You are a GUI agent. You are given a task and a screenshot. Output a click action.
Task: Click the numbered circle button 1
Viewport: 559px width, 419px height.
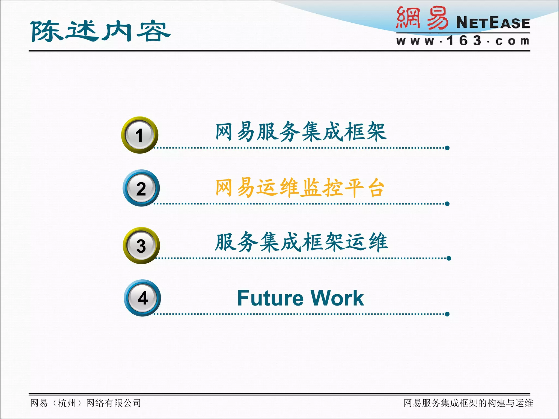click(139, 135)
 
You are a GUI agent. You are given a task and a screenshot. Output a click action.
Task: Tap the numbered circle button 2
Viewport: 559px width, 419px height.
click(141, 188)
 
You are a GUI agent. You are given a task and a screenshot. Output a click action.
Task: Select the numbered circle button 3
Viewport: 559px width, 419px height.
click(141, 246)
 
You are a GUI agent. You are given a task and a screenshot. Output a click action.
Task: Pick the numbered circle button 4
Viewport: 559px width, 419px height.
click(142, 298)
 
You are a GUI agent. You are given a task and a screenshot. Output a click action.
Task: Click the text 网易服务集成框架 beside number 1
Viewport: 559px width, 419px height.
click(301, 132)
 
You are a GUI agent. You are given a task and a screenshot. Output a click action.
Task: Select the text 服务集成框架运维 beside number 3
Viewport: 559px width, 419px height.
click(301, 242)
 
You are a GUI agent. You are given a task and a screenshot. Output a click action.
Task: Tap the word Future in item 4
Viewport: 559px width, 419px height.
click(270, 298)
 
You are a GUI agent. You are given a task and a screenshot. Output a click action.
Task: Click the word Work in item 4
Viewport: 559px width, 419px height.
click(337, 298)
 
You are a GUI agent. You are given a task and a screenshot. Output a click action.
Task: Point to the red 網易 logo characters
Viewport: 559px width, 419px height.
click(422, 18)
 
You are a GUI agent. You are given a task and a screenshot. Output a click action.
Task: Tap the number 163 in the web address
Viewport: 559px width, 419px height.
click(464, 41)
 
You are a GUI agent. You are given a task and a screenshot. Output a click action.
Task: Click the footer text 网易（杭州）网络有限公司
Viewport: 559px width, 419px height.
click(85, 403)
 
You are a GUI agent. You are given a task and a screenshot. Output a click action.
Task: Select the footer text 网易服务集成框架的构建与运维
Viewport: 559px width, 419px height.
click(468, 403)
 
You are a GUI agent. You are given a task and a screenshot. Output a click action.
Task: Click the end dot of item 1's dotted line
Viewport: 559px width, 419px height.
click(447, 148)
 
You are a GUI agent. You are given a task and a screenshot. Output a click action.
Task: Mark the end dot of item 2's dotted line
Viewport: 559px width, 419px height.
click(447, 204)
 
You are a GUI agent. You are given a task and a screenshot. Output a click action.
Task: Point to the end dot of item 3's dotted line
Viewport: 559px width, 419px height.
click(449, 258)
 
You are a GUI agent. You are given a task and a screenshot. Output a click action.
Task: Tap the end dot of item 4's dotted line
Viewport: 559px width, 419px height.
click(447, 314)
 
